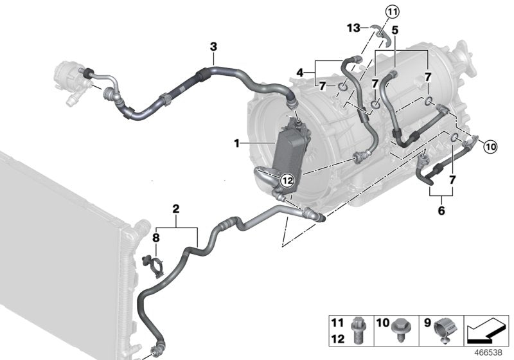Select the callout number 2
pos(175,209)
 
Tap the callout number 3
pos(213,46)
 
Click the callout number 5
pos(394,30)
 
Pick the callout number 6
pos(440,210)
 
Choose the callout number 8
pos(156,237)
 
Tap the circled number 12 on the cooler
pos(287,181)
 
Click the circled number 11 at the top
pos(391,10)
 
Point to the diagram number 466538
pos(490,353)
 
